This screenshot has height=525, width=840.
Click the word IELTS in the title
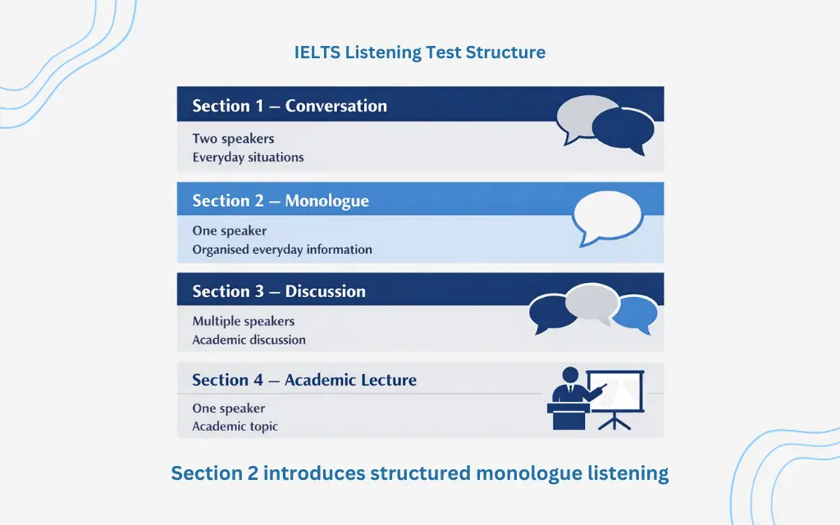317,52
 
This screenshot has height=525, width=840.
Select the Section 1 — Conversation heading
290,106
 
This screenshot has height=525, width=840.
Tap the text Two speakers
233,138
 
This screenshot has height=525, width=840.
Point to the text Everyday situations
248,157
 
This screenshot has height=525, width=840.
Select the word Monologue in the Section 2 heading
326,201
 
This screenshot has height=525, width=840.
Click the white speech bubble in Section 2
608,217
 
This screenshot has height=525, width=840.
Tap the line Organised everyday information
282,249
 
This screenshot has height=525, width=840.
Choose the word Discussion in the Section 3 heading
325,291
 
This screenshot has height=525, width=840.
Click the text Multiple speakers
243,321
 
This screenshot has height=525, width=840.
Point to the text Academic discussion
249,340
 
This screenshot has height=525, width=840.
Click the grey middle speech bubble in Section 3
592,302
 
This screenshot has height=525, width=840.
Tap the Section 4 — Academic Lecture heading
304,380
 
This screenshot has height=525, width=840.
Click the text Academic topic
235,427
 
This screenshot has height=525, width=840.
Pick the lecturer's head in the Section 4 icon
570,375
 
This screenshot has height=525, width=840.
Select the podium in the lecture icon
568,416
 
